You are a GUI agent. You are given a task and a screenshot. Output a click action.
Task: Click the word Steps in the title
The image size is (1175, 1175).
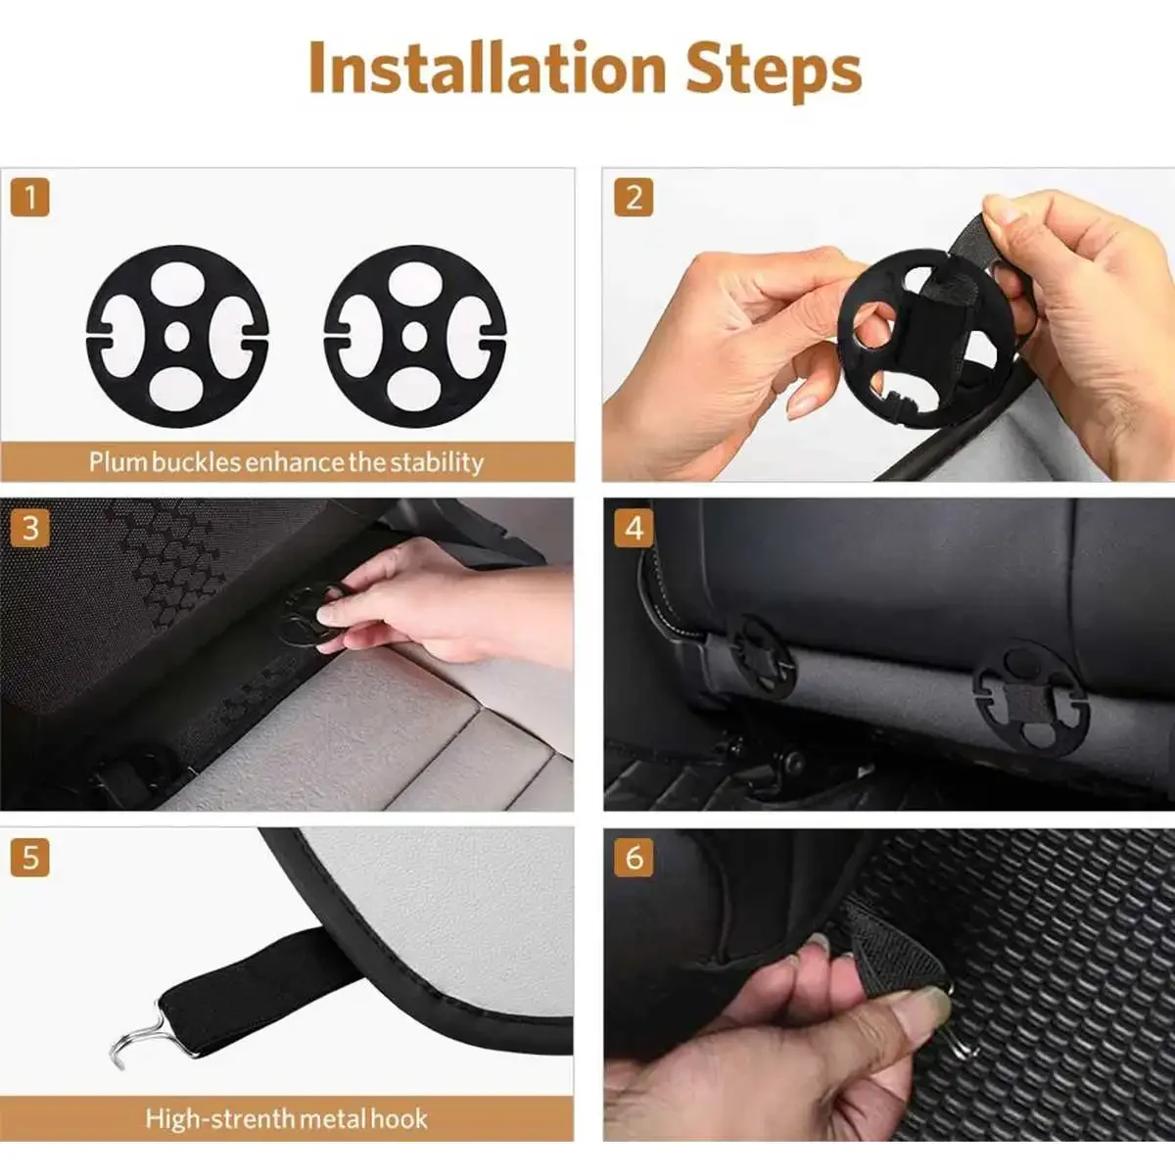(x=774, y=70)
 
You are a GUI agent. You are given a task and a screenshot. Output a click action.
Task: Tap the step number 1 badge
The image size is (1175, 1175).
(x=30, y=198)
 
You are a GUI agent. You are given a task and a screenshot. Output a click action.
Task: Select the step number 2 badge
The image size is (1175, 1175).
(x=634, y=198)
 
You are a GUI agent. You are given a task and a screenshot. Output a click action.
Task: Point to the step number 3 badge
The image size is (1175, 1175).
(x=30, y=528)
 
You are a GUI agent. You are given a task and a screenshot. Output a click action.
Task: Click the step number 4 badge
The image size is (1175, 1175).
(x=634, y=528)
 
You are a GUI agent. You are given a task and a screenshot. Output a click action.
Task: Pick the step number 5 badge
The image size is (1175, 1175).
(x=30, y=858)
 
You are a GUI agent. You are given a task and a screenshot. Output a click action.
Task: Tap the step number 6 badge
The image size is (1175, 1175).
(x=634, y=858)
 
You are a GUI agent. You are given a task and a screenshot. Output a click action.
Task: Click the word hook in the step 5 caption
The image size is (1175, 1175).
(x=399, y=1119)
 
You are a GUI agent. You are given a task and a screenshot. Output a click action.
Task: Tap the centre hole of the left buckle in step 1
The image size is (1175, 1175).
(x=177, y=337)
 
